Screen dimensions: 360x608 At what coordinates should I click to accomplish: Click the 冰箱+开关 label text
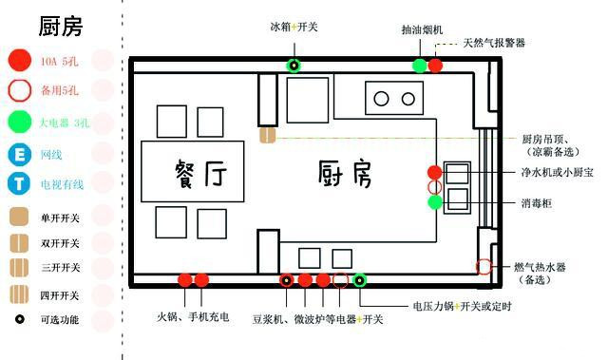[x=294, y=28]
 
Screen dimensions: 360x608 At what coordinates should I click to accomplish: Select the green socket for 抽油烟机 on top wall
[x=419, y=66]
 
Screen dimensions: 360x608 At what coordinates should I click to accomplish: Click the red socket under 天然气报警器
[x=435, y=66]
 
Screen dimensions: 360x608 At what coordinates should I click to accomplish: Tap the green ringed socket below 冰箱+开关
[x=294, y=66]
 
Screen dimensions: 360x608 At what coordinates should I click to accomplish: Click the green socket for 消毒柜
[x=434, y=201]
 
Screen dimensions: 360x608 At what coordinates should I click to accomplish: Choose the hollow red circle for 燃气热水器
[x=484, y=267]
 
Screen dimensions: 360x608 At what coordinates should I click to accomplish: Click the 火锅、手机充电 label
[x=193, y=317]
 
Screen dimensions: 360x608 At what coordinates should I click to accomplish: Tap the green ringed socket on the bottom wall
[x=360, y=280]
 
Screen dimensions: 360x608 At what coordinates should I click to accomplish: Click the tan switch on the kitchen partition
[x=267, y=136]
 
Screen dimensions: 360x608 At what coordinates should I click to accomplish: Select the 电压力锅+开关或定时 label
[x=462, y=306]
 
